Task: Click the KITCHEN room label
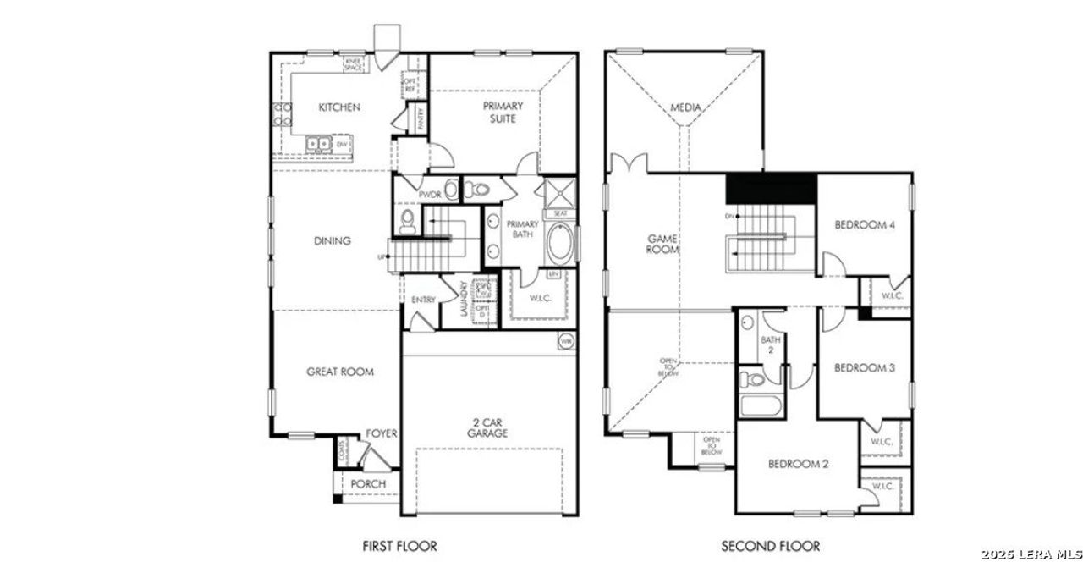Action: tap(339, 107)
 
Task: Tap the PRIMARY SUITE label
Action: tap(503, 113)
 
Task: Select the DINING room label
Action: tap(332, 241)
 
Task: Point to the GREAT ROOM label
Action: tap(339, 372)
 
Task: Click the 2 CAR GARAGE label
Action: tap(487, 427)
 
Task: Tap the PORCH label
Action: tap(368, 484)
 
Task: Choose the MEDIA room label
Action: tap(686, 108)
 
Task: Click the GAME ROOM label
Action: tap(662, 245)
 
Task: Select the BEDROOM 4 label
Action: tap(864, 225)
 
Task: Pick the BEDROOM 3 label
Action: tap(864, 367)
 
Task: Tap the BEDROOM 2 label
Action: tap(798, 464)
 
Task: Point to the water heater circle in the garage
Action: tap(565, 342)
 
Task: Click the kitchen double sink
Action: tap(319, 145)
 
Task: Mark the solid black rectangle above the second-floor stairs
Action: tap(772, 188)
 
